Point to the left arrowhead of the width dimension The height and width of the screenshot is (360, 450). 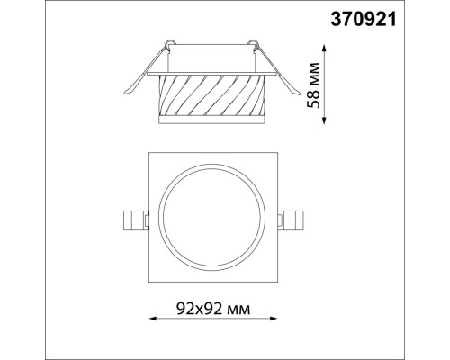click(148, 319)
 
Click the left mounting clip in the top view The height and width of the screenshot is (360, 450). click(132, 220)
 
